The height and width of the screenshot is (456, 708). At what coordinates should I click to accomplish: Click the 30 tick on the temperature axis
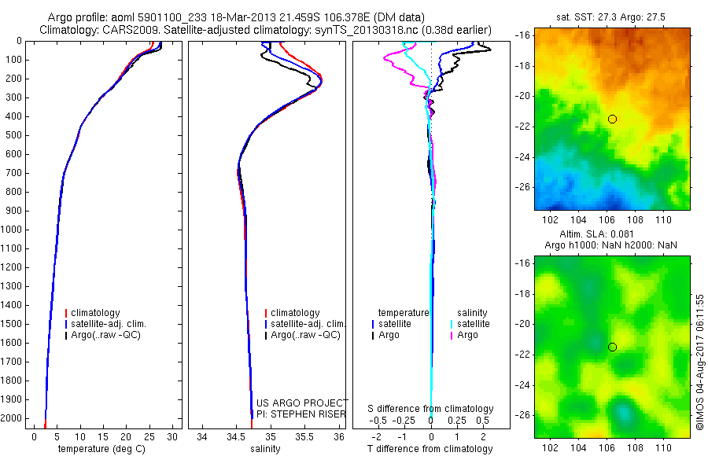(x=173, y=436)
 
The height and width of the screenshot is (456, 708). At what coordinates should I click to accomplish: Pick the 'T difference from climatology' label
(x=430, y=449)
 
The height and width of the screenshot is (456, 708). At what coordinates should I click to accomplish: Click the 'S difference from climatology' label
(x=430, y=409)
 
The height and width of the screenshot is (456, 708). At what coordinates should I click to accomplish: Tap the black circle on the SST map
(x=612, y=119)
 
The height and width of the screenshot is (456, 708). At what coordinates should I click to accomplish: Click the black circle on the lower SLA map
(x=612, y=347)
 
